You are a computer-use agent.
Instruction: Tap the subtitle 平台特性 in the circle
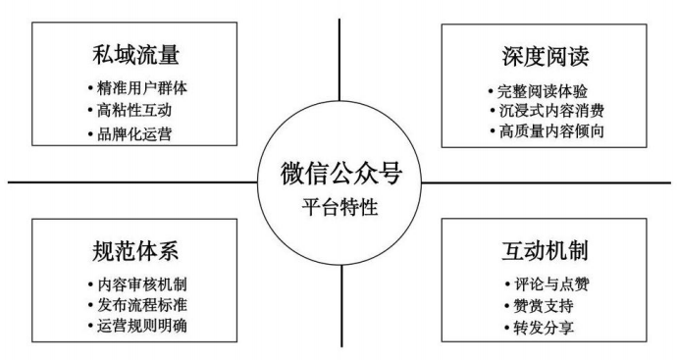point(340,206)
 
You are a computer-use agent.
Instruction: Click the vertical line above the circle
point(339,69)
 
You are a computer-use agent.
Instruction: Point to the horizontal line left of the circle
point(128,181)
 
